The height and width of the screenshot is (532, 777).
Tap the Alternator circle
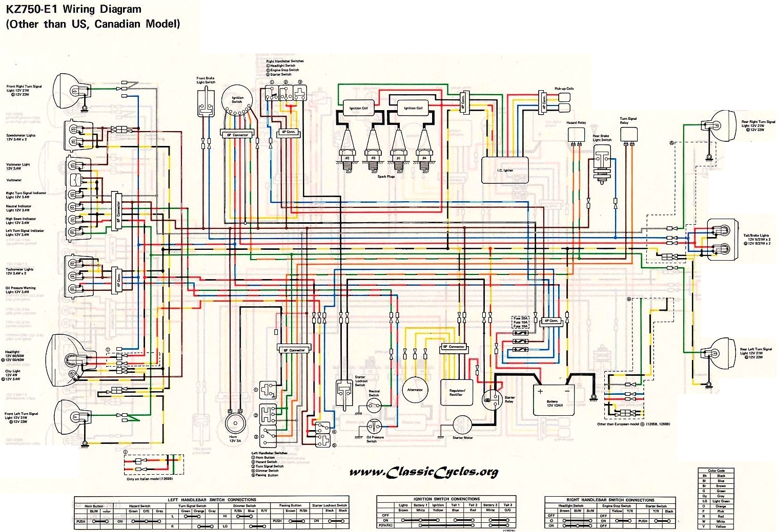pyautogui.click(x=415, y=391)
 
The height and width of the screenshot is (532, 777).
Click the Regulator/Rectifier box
pyautogui.click(x=456, y=392)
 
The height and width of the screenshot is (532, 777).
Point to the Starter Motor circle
pyautogui.click(x=462, y=425)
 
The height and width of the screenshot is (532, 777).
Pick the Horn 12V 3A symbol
pyautogui.click(x=235, y=423)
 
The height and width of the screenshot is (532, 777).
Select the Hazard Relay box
pyautogui.click(x=576, y=134)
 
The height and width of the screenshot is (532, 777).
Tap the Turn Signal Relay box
pyautogui.click(x=628, y=134)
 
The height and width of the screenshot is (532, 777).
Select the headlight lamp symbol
pyautogui.click(x=64, y=358)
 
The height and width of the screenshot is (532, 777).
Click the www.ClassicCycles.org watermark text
pyautogui.click(x=423, y=472)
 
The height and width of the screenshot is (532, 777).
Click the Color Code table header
pyautogui.click(x=716, y=471)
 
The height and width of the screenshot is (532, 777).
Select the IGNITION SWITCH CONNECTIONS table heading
pyautogui.click(x=446, y=499)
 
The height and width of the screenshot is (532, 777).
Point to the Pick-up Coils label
pyautogui.click(x=564, y=89)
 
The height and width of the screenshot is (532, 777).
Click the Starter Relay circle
pyautogui.click(x=493, y=399)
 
